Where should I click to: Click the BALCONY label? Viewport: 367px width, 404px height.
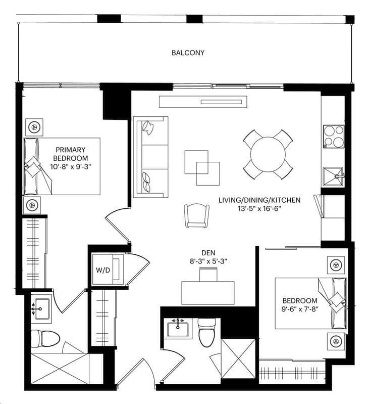(188, 53)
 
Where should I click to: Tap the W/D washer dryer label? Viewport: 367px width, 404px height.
(103, 270)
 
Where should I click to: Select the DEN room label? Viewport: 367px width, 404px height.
(208, 253)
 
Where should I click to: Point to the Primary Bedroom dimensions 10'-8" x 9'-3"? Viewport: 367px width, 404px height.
(71, 167)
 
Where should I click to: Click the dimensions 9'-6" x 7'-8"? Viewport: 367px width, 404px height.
(300, 309)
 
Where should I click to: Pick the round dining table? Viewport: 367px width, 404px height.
(268, 154)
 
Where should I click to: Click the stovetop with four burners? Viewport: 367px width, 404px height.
(334, 137)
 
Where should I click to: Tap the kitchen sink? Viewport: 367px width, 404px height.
(334, 176)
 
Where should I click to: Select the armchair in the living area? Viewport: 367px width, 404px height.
(197, 216)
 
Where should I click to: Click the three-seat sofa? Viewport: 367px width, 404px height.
(151, 157)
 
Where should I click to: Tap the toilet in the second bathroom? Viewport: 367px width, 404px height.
(206, 332)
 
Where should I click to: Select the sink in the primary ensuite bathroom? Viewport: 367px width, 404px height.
(41, 308)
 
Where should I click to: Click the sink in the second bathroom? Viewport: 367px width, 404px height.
(178, 329)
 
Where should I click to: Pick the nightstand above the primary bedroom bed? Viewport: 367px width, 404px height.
(34, 127)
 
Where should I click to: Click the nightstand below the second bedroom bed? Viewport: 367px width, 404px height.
(336, 341)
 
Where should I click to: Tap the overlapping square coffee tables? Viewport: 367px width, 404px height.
(202, 168)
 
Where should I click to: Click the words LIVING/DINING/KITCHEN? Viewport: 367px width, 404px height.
(259, 200)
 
